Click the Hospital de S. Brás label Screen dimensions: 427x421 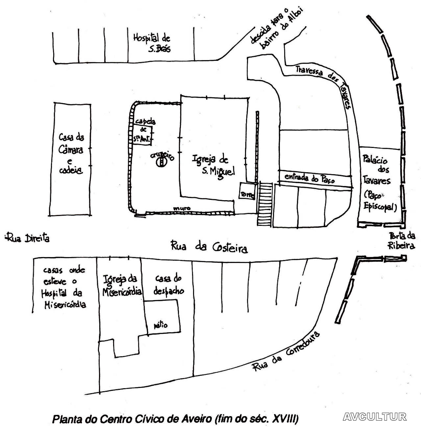click(x=152, y=42)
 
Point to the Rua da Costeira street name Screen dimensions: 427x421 click(x=209, y=247)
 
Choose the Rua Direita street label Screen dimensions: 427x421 click(x=28, y=237)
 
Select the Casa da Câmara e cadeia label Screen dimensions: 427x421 click(x=71, y=154)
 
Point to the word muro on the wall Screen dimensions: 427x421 click(x=182, y=208)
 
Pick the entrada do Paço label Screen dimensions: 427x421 click(x=309, y=178)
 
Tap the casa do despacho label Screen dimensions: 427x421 click(x=169, y=284)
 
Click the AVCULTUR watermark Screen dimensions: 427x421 click(x=374, y=417)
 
